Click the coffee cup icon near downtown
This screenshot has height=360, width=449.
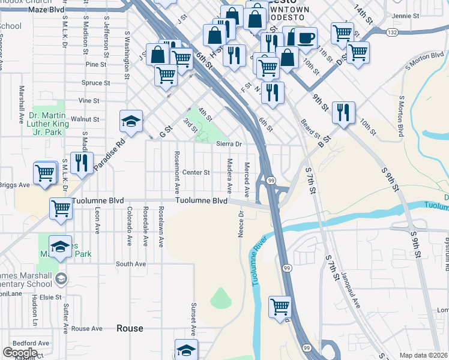click(x=306, y=38)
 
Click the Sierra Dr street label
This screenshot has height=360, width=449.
click(x=229, y=144)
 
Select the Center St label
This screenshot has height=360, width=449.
click(x=196, y=172)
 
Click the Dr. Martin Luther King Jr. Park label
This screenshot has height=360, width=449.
click(x=46, y=123)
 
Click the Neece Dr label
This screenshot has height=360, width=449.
click(x=241, y=223)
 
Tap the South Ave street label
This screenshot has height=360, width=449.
click(x=131, y=264)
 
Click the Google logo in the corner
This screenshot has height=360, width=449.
click(x=20, y=353)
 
